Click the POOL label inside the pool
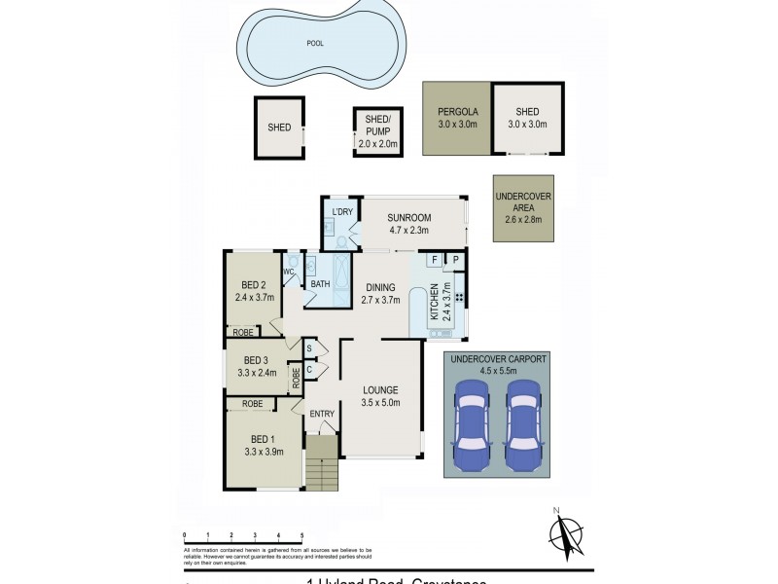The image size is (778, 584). pos(315,44)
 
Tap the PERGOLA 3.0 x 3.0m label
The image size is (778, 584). pos(456,117)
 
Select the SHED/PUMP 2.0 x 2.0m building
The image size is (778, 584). pos(377,131)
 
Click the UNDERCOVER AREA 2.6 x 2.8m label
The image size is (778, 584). pos(523,207)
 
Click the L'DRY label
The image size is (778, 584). pos(341,212)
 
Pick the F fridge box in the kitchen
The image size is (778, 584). pos(434,260)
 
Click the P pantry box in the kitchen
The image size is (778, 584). pos(455,260)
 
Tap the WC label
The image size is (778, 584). pos(290,272)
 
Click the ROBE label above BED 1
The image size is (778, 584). pos(252,403)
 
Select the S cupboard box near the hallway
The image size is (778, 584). pos(308,347)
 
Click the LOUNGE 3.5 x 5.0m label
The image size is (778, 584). pos(380,396)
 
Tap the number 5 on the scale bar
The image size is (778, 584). pos(301,535)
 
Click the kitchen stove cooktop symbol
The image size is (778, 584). pos(457,295)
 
